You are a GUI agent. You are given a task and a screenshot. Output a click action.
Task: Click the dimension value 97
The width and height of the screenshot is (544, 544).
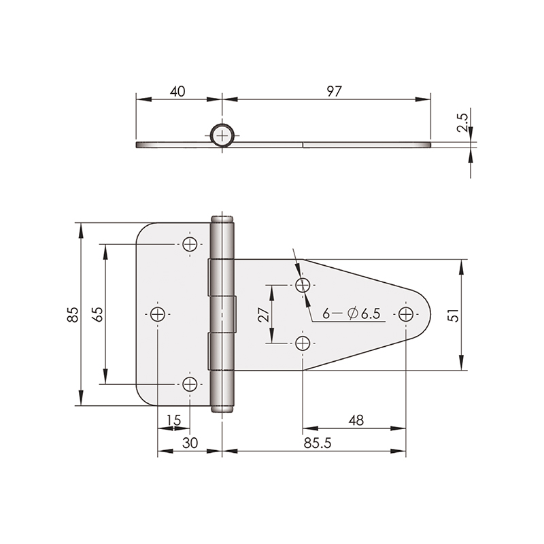334,91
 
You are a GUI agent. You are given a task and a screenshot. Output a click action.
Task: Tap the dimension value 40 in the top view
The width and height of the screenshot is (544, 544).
177,91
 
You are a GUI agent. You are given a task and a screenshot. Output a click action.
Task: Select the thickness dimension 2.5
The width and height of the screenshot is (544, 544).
462,122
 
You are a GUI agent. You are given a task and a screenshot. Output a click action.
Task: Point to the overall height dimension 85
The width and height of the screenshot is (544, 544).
73,315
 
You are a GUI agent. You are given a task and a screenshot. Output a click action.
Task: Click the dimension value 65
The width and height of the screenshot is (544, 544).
98,315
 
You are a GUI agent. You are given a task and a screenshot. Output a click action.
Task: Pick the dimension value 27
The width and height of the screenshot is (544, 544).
264,315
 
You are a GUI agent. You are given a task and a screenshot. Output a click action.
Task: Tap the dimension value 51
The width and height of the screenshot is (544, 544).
453,315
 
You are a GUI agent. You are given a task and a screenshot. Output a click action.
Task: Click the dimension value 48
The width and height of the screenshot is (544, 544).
356,420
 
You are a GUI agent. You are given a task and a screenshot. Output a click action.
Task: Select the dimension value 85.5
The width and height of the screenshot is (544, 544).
318,443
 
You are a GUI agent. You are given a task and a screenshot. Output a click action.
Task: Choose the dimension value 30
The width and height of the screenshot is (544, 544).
190,443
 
